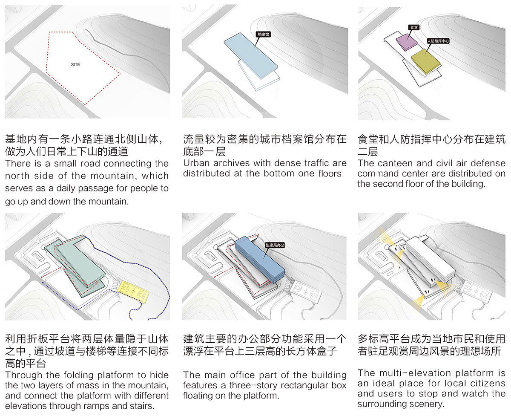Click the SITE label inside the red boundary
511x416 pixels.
pos(75,65)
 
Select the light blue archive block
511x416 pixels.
pos(251,55)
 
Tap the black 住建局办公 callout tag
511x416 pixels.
pos(274,245)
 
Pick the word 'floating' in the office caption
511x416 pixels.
pos(201,396)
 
